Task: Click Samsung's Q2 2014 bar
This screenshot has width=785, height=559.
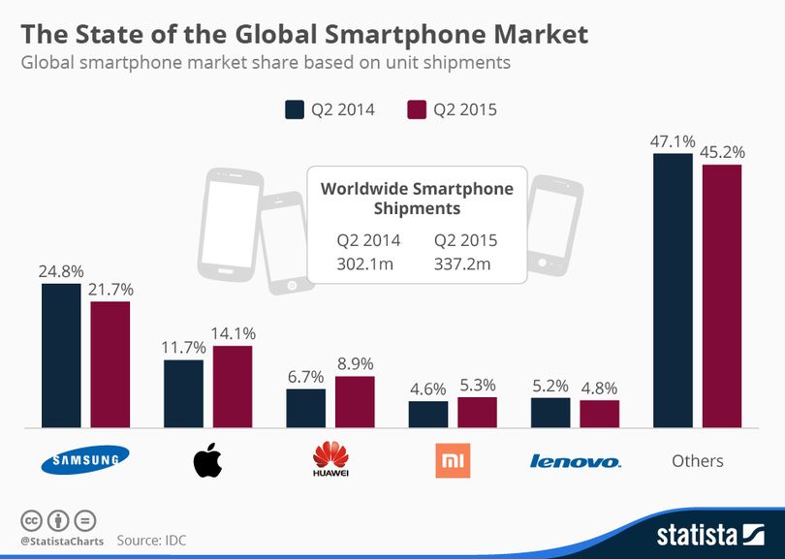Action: point(61,356)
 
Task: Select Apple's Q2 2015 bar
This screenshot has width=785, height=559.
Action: point(233,387)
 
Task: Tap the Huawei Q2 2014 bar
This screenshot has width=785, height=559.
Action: point(306,409)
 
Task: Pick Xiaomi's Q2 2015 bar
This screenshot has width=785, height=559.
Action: point(477,413)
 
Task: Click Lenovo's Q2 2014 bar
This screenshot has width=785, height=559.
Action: point(550,413)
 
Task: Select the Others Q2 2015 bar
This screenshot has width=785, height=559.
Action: point(722,296)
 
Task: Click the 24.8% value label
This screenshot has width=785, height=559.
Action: point(61,271)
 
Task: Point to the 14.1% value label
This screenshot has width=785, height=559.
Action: point(233,333)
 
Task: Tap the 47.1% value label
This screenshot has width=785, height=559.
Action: point(673,141)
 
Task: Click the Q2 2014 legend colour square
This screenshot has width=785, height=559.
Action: point(295,109)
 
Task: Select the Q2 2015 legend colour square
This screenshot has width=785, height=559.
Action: point(417,109)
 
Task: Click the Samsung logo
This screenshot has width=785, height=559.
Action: point(85,459)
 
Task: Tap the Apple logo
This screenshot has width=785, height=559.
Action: point(207,460)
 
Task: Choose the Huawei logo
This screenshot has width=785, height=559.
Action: point(330,459)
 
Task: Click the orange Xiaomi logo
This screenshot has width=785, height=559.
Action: point(453,460)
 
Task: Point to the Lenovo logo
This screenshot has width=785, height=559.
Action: point(576,460)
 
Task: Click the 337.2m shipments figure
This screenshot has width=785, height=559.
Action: point(462,264)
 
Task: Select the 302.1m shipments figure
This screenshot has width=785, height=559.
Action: point(365,264)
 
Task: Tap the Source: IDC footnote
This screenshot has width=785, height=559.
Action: point(151,541)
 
